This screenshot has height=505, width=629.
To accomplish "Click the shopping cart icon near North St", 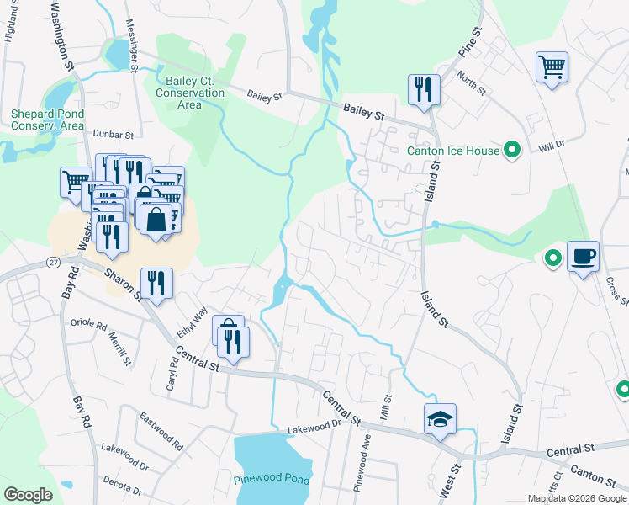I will point(552,67).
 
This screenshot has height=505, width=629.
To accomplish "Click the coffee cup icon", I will point(583,256).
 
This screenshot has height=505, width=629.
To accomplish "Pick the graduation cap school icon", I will point(440,419).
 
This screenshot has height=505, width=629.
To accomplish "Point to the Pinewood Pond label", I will point(271,480).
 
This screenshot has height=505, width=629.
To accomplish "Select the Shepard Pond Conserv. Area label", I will point(47,120).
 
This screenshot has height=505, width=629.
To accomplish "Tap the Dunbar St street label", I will point(113,135).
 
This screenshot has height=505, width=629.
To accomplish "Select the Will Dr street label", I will point(552,146).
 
